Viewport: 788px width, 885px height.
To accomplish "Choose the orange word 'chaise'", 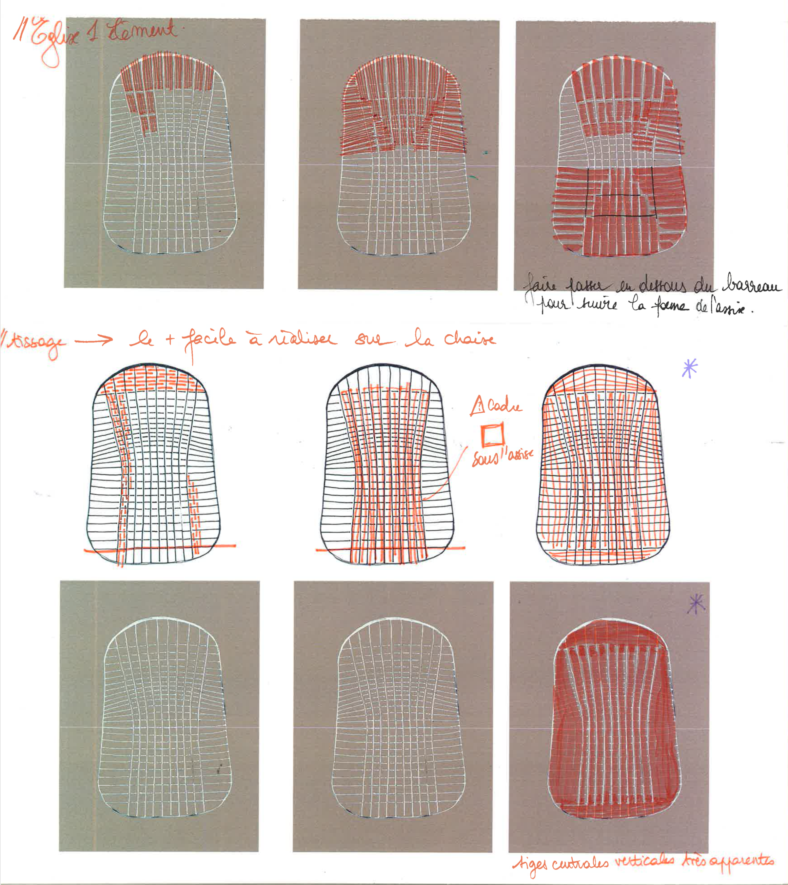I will tap(470, 339).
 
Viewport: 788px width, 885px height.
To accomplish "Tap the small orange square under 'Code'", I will tap(493, 434).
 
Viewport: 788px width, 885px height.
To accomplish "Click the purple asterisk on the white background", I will tap(690, 368).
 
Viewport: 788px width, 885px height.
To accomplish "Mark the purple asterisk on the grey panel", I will tap(696, 604).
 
